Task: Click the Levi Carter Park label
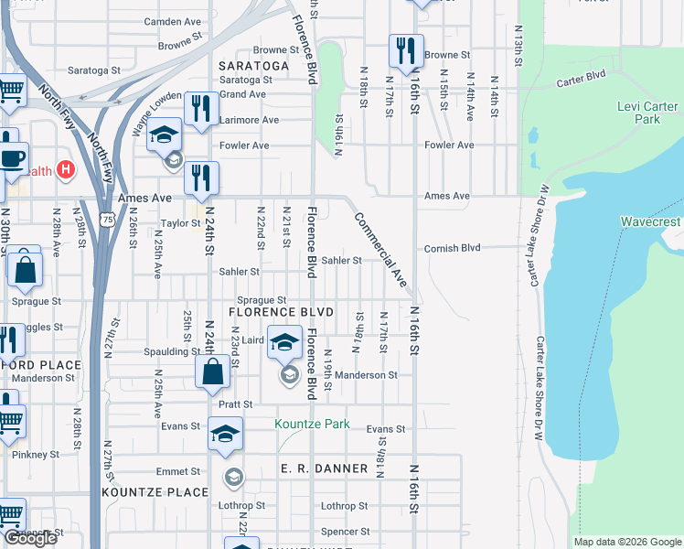(x=639, y=113)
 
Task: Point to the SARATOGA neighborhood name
(x=253, y=66)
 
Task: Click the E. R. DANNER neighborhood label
(x=324, y=468)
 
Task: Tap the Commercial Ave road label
(x=379, y=250)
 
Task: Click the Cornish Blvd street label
(x=452, y=248)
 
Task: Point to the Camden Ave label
(x=172, y=21)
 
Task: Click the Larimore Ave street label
(x=248, y=120)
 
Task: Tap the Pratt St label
(x=235, y=404)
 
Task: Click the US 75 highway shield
(x=108, y=220)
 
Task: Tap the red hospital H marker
(x=65, y=169)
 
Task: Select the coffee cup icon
(x=12, y=157)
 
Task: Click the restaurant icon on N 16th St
(x=405, y=50)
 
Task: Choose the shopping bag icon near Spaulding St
(x=212, y=371)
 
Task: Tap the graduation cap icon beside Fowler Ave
(x=164, y=136)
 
